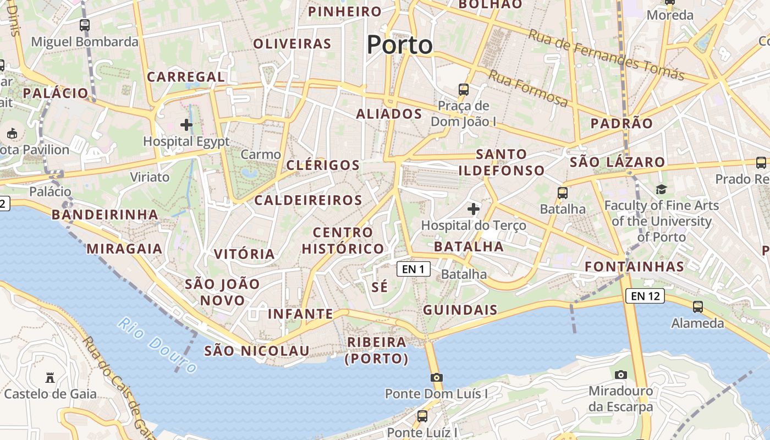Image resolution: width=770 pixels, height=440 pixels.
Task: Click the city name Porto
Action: point(399,45)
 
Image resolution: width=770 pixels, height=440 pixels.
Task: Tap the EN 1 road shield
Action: point(414,269)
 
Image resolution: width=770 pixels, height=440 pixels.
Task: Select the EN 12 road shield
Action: point(645,296)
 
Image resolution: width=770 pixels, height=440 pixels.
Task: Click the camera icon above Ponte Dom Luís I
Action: point(437,377)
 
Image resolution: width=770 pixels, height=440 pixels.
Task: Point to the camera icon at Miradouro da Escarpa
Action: point(620,375)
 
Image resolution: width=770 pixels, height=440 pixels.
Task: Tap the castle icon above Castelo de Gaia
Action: point(50,377)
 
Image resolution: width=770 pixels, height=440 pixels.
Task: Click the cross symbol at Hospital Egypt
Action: point(186,125)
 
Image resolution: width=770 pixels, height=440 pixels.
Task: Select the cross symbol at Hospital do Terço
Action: point(473,209)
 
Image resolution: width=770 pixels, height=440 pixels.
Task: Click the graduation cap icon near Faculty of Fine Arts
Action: point(661,190)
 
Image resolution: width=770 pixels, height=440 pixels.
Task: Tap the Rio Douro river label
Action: point(157,345)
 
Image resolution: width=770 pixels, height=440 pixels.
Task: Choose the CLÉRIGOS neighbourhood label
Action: point(323,165)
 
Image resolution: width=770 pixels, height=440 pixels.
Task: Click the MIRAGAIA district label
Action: point(124,249)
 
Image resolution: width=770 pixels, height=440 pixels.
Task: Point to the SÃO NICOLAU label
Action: point(256,351)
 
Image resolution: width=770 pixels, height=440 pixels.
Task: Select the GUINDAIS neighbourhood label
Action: point(460,310)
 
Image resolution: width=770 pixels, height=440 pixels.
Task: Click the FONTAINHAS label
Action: point(634,267)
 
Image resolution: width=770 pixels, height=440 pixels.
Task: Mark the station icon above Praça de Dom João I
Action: point(464,89)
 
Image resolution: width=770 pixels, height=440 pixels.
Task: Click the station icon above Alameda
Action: point(697,306)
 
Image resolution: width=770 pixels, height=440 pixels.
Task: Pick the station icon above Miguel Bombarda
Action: point(85,25)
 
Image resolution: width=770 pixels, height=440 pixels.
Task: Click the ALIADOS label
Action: point(389,114)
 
